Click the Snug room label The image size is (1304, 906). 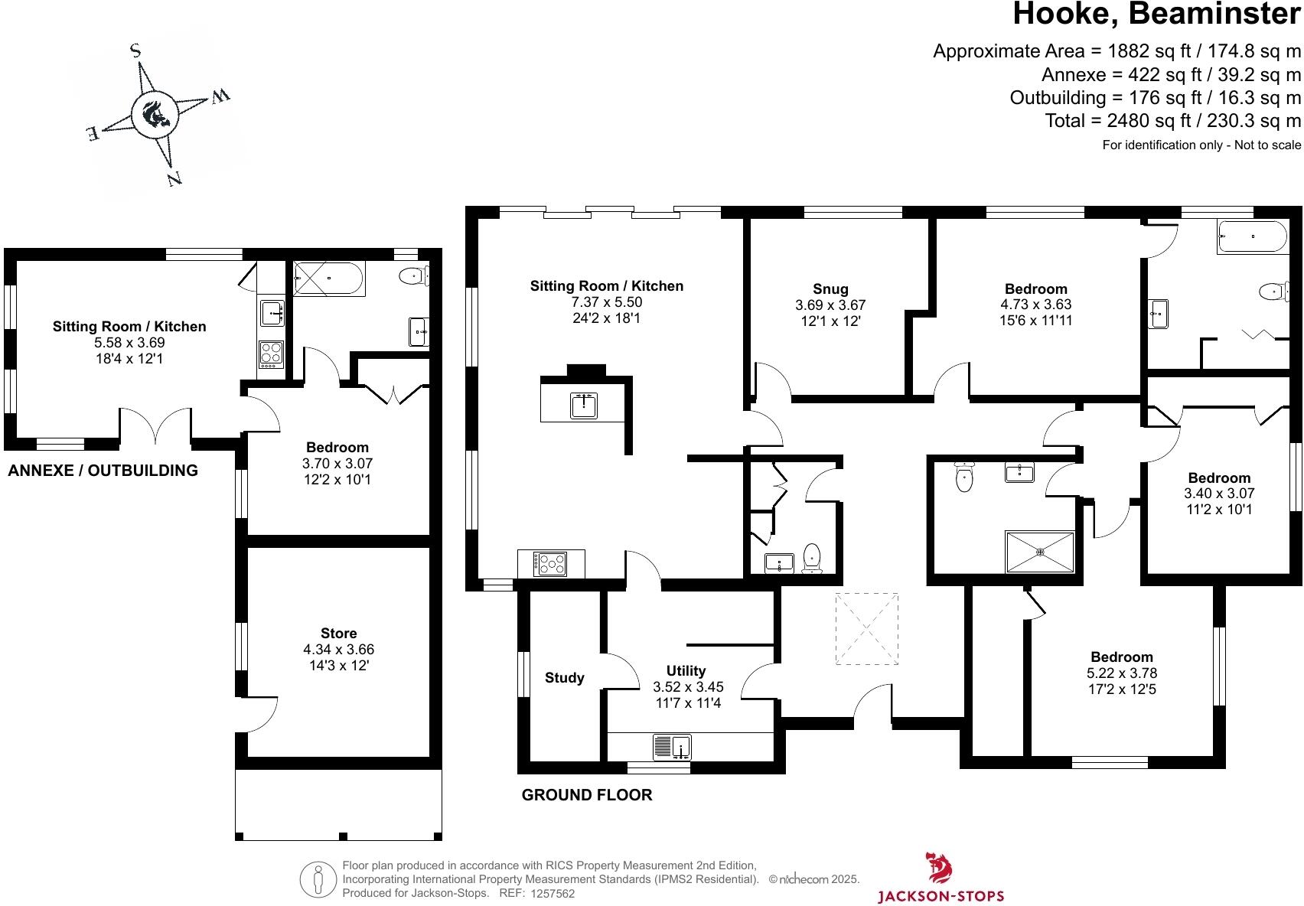click(x=830, y=288)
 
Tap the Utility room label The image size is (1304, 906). click(x=686, y=670)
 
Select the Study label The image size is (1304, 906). click(x=564, y=677)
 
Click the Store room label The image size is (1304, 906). click(x=338, y=633)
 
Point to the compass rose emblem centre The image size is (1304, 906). click(x=155, y=115)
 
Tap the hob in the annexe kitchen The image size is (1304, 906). click(x=271, y=354)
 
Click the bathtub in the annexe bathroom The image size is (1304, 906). click(x=329, y=278)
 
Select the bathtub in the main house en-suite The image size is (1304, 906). click(x=1252, y=236)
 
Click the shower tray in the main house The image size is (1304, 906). click(x=1040, y=551)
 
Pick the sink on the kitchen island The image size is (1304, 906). click(x=584, y=405)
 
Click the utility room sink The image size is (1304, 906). click(x=672, y=746)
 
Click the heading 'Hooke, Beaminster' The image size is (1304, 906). click(x=1156, y=15)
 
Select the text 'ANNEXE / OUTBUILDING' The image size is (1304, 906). click(x=103, y=471)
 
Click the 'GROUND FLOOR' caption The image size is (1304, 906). click(x=586, y=795)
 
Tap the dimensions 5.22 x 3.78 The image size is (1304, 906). click(x=1122, y=673)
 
